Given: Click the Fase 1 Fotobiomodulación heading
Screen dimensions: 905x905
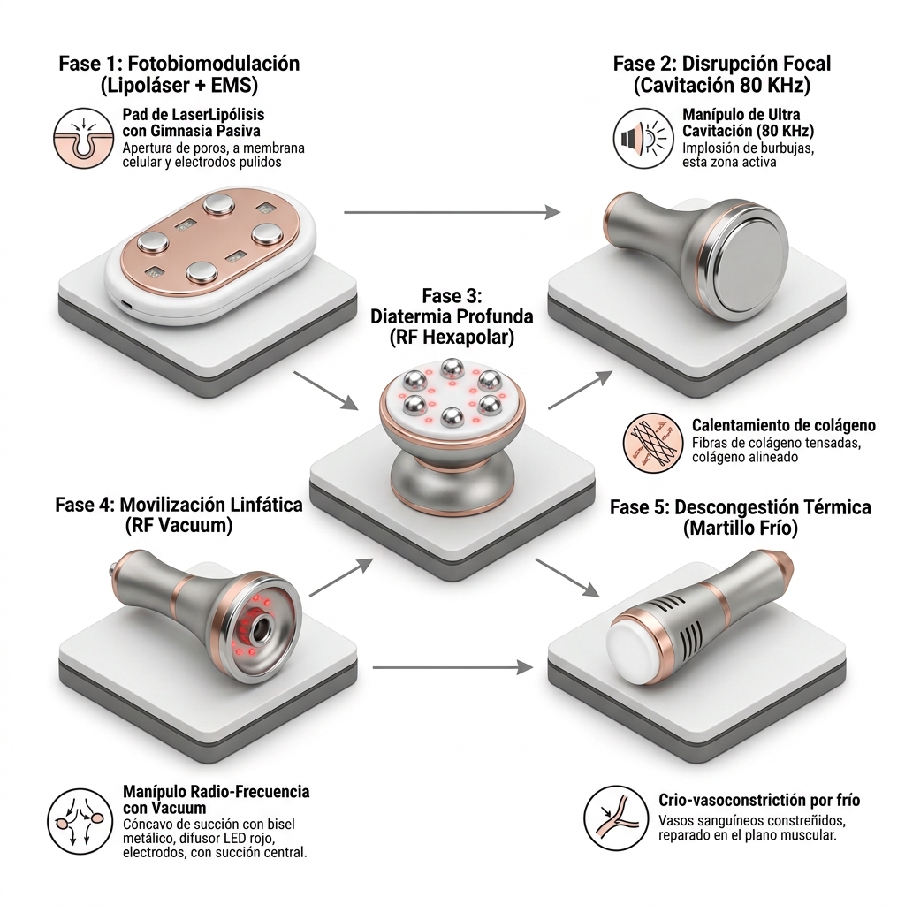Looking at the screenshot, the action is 179,74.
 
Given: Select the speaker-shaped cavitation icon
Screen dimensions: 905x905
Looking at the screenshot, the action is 643,139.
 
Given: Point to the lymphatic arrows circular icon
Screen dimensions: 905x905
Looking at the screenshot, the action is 80,822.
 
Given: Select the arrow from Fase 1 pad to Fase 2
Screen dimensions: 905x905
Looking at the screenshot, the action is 452,212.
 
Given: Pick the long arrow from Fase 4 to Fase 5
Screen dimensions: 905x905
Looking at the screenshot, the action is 452,668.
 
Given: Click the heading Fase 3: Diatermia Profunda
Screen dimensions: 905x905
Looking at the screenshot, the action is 452,307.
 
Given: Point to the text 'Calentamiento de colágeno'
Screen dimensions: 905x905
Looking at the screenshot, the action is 784,425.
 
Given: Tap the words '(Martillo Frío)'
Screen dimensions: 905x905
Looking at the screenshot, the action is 741,529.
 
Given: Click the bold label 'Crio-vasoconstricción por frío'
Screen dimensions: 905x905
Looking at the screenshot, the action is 759,801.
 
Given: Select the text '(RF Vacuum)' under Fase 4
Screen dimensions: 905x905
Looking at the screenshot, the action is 179,525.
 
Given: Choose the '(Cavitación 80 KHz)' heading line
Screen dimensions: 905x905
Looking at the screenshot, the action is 722,86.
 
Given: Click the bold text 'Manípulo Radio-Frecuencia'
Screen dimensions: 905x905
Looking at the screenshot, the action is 217,791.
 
